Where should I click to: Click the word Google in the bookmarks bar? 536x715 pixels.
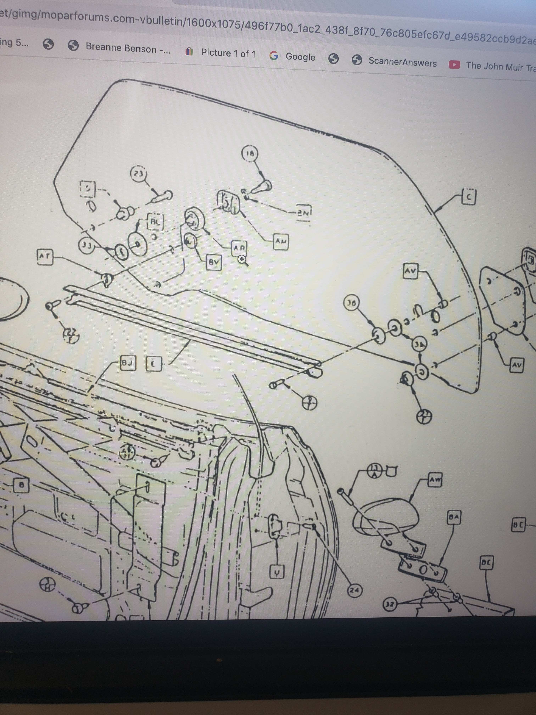click(x=300, y=57)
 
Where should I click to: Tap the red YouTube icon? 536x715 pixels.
click(x=454, y=65)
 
